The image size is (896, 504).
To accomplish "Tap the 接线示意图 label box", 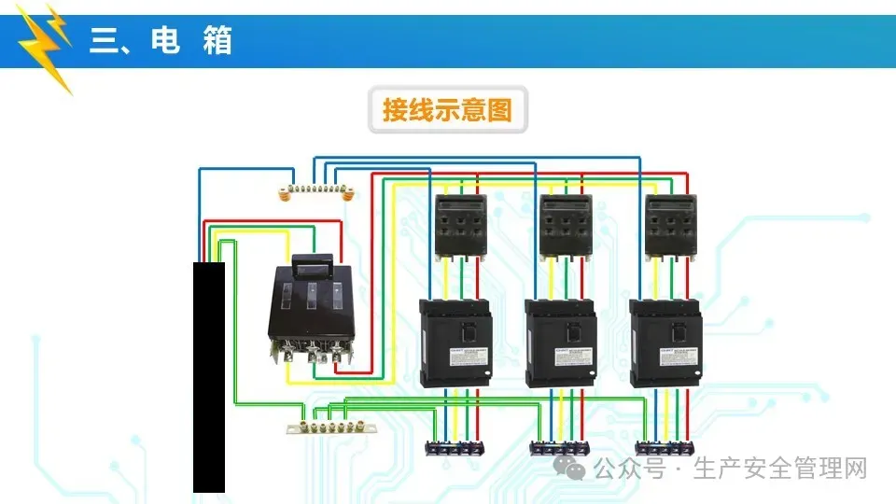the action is [447, 109].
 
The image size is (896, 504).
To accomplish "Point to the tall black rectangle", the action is [209, 377].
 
